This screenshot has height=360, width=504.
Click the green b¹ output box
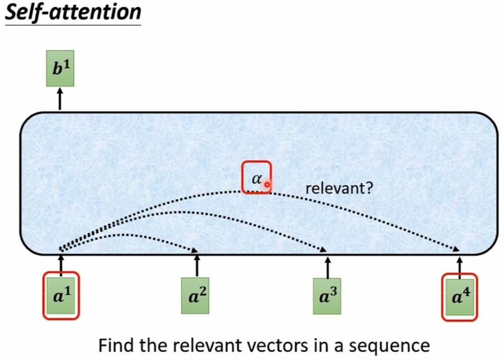tap(60, 69)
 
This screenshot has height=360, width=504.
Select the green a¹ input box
tap(61, 296)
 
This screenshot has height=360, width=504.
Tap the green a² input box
tap(195, 296)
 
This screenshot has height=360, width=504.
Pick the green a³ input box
tap(327, 296)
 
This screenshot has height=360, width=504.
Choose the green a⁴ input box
tap(460, 297)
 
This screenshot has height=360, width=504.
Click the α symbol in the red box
tap(257, 178)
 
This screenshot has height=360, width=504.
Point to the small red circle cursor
tap(267, 184)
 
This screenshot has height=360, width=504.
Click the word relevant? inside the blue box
tap(339, 188)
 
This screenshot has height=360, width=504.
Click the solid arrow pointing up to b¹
tap(60, 99)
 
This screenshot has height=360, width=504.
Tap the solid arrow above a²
tap(197, 266)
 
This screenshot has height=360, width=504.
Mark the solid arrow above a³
tap(327, 268)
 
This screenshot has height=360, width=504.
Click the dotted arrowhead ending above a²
tap(195, 250)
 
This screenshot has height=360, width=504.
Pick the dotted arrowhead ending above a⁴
tap(456, 249)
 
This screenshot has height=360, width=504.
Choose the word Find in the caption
tap(117, 345)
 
